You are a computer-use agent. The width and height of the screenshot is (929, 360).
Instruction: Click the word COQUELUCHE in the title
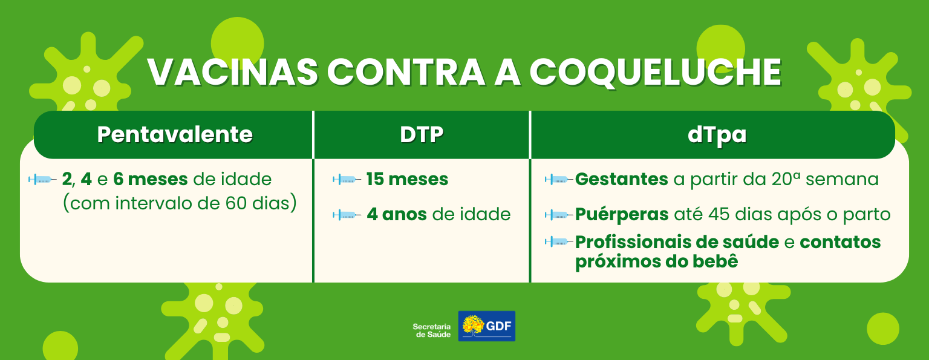656,72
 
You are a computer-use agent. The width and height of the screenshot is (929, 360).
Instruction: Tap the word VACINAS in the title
233,72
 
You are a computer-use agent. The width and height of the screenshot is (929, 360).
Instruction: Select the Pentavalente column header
175,134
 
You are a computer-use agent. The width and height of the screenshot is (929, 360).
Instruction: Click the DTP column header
422,134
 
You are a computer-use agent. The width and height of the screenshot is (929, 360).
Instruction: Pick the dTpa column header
717,135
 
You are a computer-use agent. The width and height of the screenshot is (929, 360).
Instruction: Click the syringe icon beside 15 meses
347,180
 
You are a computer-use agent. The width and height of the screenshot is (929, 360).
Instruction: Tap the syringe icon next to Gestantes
559,180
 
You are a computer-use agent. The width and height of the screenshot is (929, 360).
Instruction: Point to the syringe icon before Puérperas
559,215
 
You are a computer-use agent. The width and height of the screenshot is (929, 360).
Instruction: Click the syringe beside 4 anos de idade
347,215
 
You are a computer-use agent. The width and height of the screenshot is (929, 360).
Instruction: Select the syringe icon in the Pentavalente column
42,180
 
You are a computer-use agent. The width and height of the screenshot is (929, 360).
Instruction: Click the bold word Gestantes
622,179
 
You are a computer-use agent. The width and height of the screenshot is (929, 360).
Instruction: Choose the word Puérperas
622,214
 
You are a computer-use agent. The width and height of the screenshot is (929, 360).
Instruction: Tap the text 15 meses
407,179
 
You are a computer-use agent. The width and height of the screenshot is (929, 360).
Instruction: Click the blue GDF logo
486,326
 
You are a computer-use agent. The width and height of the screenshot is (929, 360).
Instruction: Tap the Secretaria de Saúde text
432,330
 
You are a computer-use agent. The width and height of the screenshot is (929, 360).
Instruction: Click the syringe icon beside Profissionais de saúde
559,242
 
